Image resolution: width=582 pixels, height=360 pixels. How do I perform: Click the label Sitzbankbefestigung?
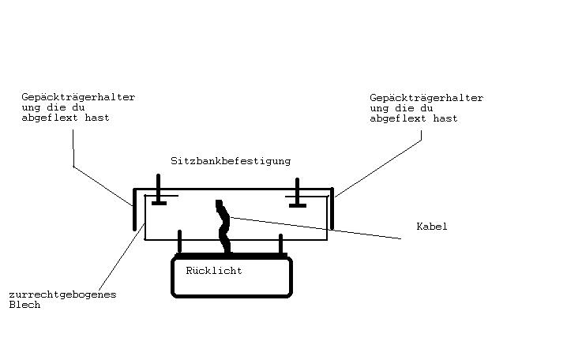tap(230, 161)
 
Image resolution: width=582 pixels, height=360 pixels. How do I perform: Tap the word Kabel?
tap(432, 227)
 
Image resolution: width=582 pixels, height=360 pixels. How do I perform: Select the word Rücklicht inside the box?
tap(213, 271)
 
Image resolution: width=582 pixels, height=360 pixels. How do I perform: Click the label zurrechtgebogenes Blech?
tap(62, 299)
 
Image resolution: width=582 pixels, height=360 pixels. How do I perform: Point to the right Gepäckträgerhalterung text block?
tap(426, 108)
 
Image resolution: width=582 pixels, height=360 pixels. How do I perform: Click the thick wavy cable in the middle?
tap(223, 229)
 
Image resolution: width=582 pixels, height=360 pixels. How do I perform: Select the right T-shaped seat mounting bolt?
tap(297, 194)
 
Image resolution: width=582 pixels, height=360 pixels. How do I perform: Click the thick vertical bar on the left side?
tap(135, 210)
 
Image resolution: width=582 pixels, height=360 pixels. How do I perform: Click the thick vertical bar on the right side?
tap(332, 208)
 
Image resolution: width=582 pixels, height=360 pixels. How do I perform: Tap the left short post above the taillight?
tap(180, 242)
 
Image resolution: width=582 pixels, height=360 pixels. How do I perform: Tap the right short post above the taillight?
tap(280, 244)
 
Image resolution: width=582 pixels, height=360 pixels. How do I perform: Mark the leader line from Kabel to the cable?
tap(316, 227)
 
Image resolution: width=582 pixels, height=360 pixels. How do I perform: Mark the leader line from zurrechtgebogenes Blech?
tap(122, 257)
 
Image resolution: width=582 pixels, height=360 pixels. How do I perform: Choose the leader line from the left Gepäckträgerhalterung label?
tap(103, 186)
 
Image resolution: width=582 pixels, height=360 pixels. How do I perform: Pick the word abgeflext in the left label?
tap(49, 118)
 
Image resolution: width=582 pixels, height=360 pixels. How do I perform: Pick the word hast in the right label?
tap(445, 118)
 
